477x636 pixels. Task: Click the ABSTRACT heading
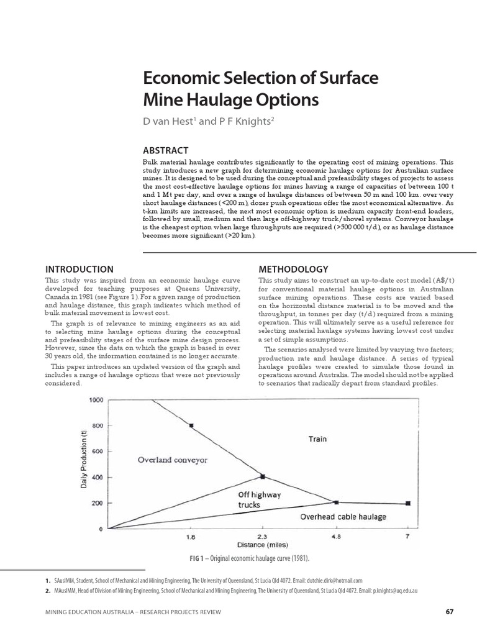click(165, 150)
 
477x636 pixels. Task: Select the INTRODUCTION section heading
click(79, 269)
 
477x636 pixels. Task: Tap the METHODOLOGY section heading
click(293, 269)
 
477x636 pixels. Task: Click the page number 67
click(450, 612)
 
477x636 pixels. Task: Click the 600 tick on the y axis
click(96, 452)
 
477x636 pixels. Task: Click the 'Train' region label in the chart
click(318, 439)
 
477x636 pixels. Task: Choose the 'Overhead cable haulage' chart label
click(343, 516)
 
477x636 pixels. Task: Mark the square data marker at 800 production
click(191, 425)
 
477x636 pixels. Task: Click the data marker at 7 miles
click(408, 503)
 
